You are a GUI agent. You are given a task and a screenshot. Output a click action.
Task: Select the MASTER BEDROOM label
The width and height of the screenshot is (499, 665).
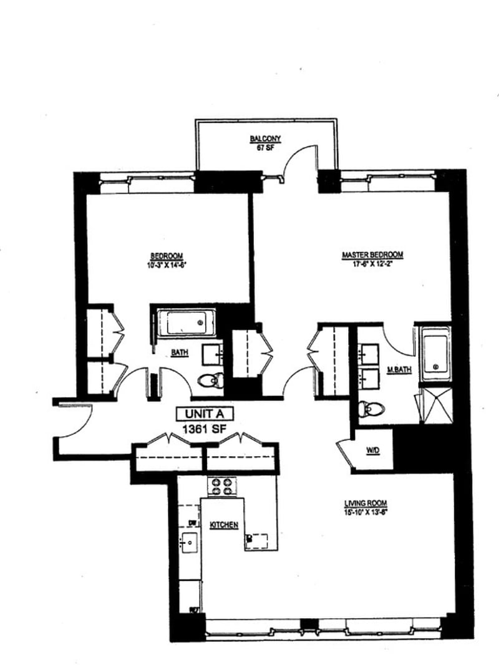tap(372, 255)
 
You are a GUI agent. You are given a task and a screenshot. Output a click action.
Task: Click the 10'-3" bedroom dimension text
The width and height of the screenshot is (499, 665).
tap(166, 264)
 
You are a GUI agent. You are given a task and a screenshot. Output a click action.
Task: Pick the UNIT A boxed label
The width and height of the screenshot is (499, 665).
tap(205, 414)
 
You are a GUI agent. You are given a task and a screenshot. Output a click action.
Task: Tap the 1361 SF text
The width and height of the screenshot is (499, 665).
tap(205, 429)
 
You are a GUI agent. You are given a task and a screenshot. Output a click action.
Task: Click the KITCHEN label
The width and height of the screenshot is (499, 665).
tap(224, 525)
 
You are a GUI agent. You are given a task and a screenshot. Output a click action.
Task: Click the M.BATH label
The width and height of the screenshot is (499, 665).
tap(399, 370)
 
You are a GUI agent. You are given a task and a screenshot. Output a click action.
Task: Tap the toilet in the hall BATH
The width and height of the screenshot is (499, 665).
tap(210, 379)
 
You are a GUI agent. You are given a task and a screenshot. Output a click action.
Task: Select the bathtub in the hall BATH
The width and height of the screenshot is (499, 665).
tap(185, 323)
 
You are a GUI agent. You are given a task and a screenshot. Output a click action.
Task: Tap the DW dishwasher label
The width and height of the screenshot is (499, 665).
tap(192, 523)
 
